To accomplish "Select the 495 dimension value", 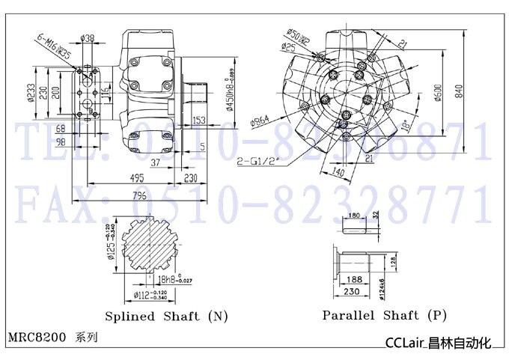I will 135,177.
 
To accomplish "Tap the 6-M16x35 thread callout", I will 54,47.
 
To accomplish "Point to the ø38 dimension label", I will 87,37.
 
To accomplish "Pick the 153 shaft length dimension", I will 199,120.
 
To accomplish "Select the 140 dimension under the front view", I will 337,172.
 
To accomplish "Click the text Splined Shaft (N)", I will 166,316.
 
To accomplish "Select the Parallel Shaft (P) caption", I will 384,315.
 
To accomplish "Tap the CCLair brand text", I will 405,344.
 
